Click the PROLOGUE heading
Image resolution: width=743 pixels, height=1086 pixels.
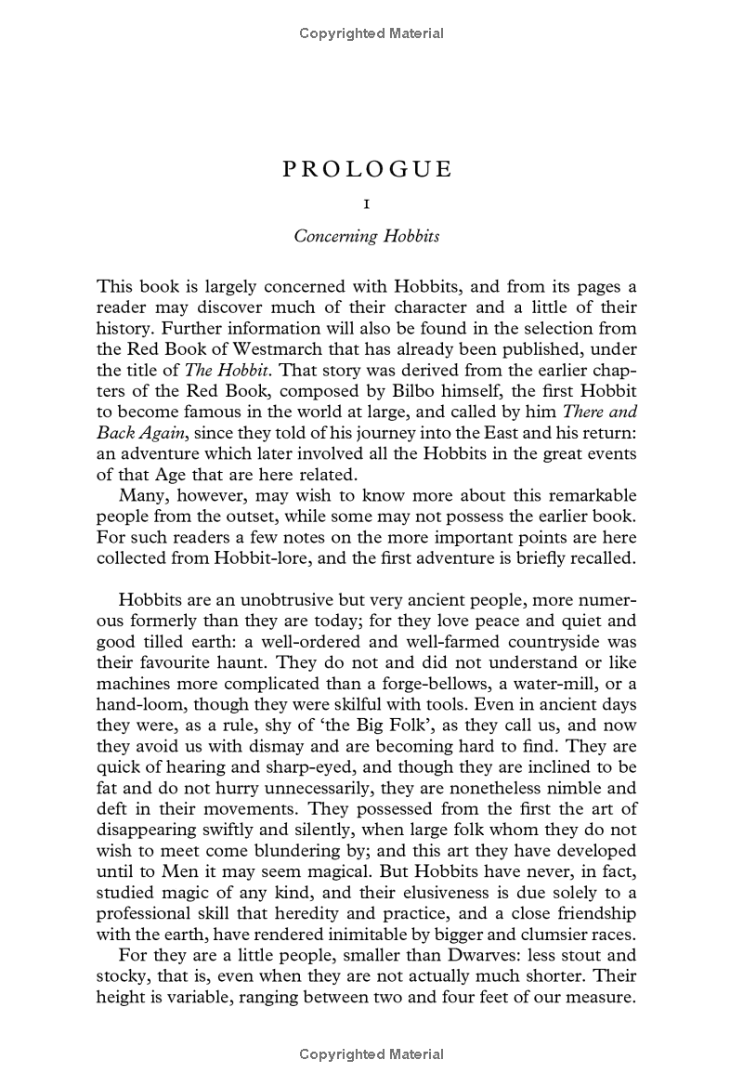pyautogui.click(x=366, y=169)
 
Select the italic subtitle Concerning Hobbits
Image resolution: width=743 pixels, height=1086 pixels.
pyautogui.click(x=366, y=236)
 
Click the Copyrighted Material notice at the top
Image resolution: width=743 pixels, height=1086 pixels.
pyautogui.click(x=371, y=34)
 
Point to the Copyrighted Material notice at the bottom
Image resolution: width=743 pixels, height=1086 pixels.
pyautogui.click(x=371, y=1053)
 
